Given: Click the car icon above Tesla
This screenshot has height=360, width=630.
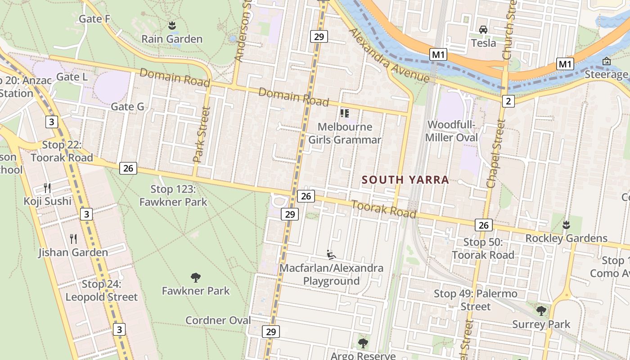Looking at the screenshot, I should pyautogui.click(x=483, y=30).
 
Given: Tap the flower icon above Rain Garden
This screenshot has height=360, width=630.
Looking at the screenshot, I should pyautogui.click(x=171, y=25).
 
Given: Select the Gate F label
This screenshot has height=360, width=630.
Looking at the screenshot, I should pyautogui.click(x=94, y=19).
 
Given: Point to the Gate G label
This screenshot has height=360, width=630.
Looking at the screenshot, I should pyautogui.click(x=127, y=107).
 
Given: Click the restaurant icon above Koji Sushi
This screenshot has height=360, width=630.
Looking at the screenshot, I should pyautogui.click(x=47, y=188).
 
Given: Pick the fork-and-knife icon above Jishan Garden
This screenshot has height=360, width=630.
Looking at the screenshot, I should pyautogui.click(x=73, y=239).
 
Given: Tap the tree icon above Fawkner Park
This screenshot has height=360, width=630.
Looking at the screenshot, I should pyautogui.click(x=195, y=277).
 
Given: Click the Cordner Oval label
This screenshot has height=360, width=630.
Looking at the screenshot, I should pyautogui.click(x=218, y=320).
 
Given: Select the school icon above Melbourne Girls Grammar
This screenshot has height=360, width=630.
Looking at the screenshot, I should pyautogui.click(x=345, y=113).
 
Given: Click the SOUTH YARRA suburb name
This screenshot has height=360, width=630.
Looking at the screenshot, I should pyautogui.click(x=405, y=180).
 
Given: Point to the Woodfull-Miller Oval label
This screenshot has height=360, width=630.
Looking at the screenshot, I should pyautogui.click(x=452, y=131).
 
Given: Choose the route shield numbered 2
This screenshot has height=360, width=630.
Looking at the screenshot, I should pyautogui.click(x=508, y=101).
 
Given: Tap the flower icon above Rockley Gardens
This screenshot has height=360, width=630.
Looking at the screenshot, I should pyautogui.click(x=567, y=224).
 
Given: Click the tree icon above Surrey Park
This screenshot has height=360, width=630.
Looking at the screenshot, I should pyautogui.click(x=541, y=310).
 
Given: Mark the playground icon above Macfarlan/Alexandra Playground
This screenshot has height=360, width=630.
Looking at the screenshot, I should pyautogui.click(x=331, y=255).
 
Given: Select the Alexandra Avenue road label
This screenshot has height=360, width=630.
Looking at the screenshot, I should pyautogui.click(x=389, y=56).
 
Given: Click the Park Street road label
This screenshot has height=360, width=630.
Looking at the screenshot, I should pyautogui.click(x=201, y=134).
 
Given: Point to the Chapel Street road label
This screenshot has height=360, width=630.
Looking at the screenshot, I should pyautogui.click(x=495, y=153).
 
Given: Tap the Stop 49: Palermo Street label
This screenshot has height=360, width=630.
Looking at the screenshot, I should pyautogui.click(x=476, y=300).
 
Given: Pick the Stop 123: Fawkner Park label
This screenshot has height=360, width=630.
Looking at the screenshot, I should pyautogui.click(x=173, y=195).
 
